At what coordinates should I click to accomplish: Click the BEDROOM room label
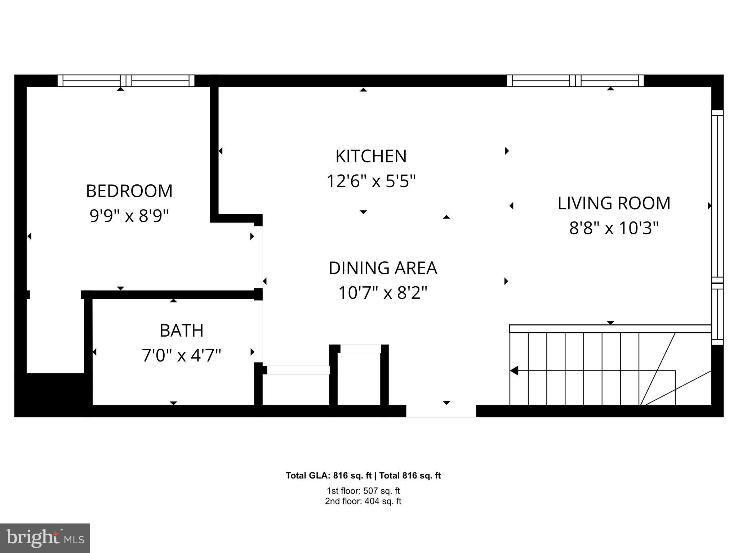(129, 191)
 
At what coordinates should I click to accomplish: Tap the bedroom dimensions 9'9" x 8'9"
(129, 216)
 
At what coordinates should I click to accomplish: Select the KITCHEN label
(371, 156)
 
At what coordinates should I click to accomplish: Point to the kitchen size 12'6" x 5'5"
(371, 181)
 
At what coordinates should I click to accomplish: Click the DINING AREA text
(383, 268)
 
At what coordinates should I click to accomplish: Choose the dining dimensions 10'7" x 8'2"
(383, 293)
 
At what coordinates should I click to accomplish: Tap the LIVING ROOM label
(614, 203)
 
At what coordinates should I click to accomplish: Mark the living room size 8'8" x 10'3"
(614, 228)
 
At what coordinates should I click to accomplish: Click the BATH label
(181, 331)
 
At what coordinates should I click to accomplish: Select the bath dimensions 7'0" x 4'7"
(181, 356)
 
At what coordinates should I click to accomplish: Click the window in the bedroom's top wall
(126, 81)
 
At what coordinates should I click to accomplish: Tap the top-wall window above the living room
(575, 81)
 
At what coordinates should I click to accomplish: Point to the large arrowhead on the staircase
(515, 370)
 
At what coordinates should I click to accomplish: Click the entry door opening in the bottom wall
(441, 411)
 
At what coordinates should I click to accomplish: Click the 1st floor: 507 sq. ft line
(363, 491)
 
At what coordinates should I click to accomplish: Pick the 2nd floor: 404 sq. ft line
(363, 501)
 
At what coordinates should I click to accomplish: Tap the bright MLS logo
(45, 538)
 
